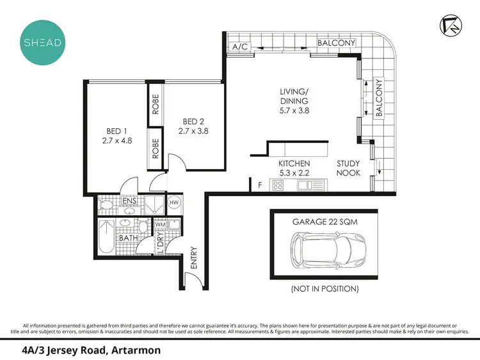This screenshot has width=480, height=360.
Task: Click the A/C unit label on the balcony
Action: point(240,47)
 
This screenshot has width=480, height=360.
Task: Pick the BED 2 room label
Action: point(194,126)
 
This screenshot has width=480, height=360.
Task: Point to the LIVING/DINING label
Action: point(294,101)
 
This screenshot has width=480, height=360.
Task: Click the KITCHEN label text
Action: point(294,168)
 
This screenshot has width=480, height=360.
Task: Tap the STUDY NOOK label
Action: point(349,168)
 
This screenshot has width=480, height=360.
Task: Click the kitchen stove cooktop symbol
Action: point(279,186)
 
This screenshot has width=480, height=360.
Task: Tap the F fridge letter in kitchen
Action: point(259,186)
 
